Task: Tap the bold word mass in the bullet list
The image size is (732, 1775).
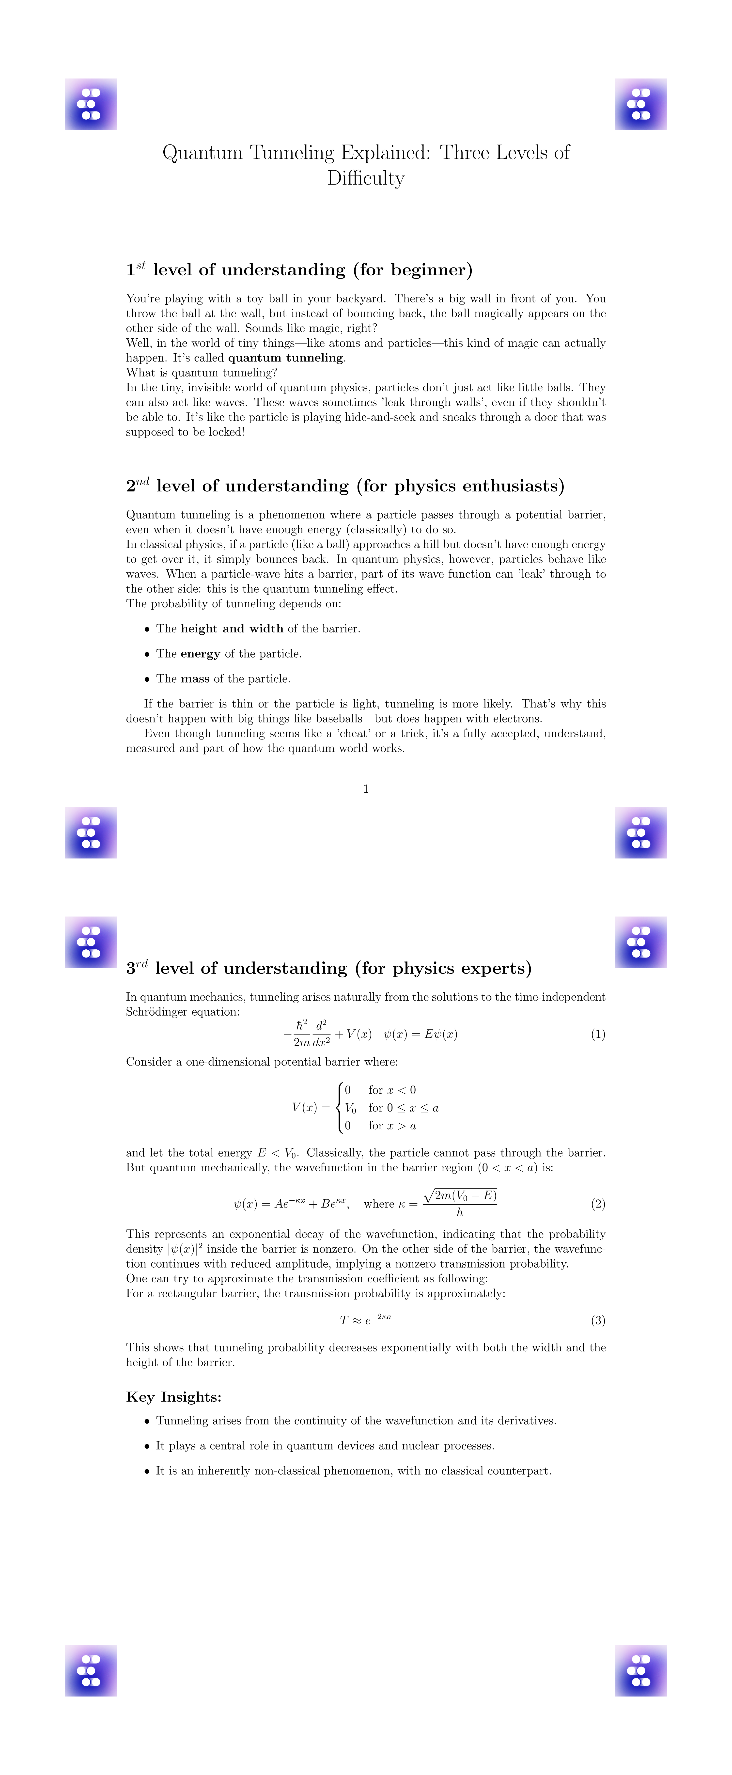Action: (x=195, y=679)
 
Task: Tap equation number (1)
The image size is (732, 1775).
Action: (x=598, y=1034)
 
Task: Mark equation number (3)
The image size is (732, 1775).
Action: (x=598, y=1320)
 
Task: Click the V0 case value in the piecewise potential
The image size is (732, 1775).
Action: (x=350, y=1108)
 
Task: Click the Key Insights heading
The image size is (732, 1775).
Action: (x=174, y=1397)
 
